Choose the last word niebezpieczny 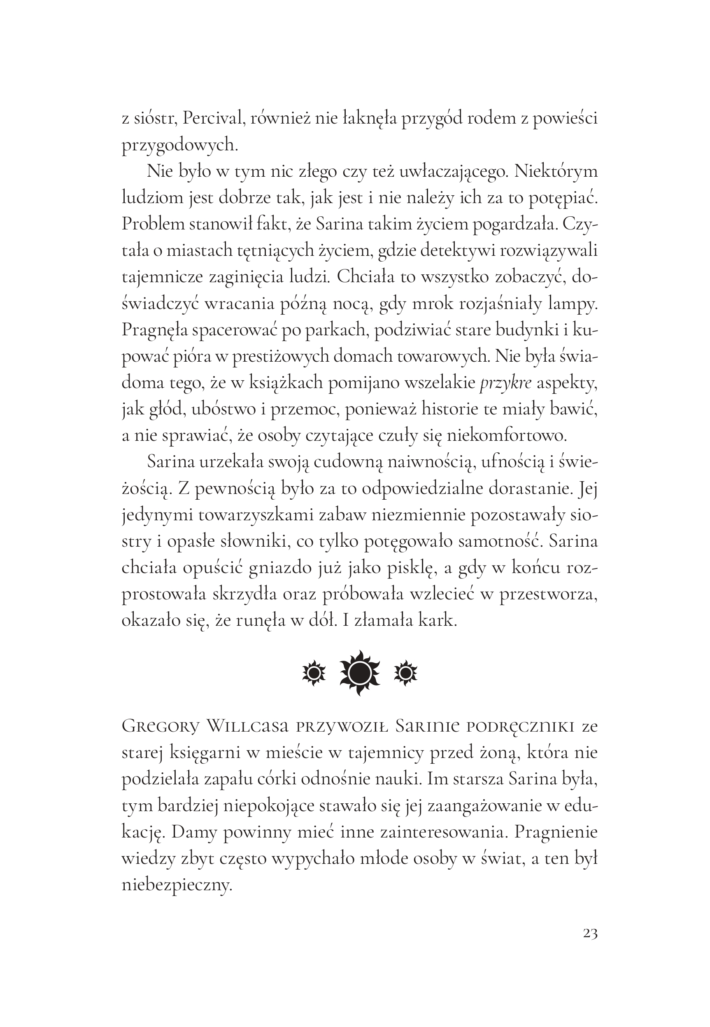177,886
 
